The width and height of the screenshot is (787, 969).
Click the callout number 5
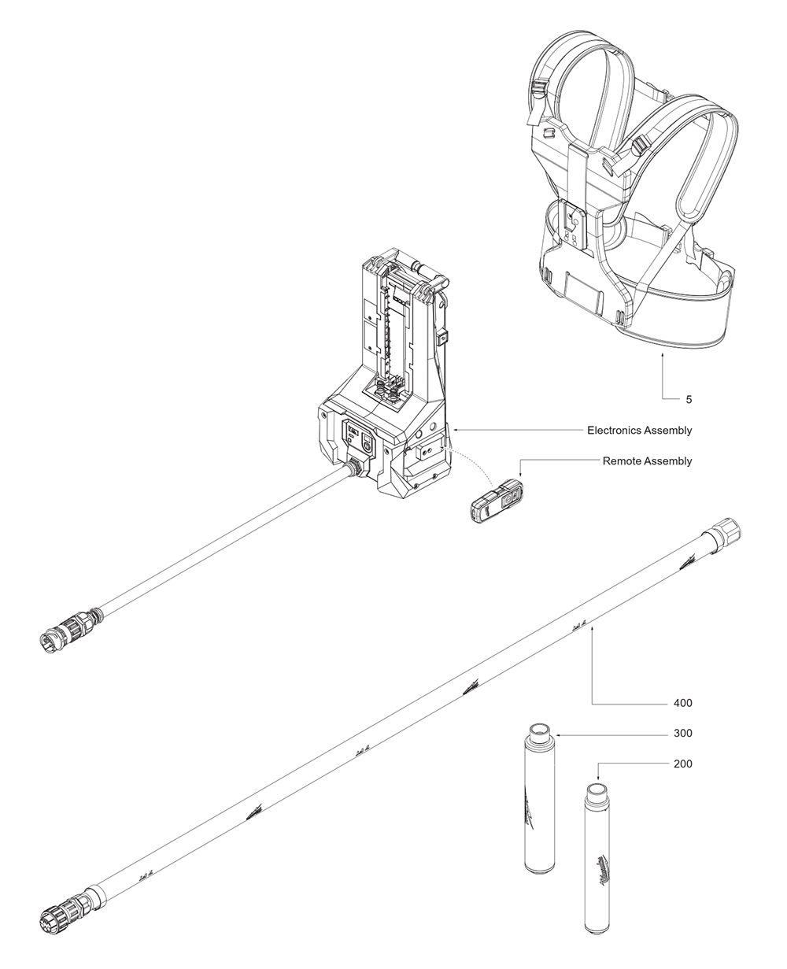coord(689,399)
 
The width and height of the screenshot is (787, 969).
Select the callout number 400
coord(682,702)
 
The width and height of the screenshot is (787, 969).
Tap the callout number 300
coord(682,733)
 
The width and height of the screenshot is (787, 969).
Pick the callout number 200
coord(682,764)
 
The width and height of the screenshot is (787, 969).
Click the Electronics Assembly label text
coord(639,431)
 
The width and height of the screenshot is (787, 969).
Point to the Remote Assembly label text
coord(647,460)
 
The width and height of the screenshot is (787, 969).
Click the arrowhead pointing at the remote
coord(520,475)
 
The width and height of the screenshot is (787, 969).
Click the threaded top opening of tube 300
coord(540,730)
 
